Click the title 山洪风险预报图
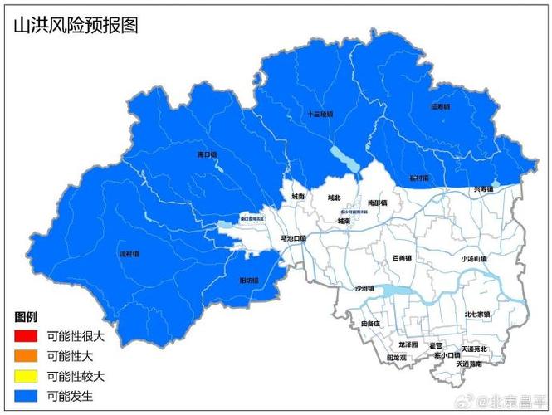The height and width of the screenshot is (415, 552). (x=76, y=25)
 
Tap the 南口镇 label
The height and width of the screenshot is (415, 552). (x=207, y=154)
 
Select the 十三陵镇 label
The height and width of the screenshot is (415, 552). (x=320, y=115)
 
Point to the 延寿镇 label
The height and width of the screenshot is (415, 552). (x=440, y=106)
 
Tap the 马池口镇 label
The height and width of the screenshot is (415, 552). (x=293, y=238)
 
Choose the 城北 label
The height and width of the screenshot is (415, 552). (x=334, y=198)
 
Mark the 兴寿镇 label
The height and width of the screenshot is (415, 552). (x=483, y=189)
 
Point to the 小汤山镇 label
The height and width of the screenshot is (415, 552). (x=474, y=259)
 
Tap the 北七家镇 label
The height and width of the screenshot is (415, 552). (x=476, y=315)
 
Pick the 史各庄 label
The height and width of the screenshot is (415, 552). (x=370, y=323)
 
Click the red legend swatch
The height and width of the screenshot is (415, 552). (x=26, y=336)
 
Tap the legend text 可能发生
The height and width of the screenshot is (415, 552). (x=70, y=396)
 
